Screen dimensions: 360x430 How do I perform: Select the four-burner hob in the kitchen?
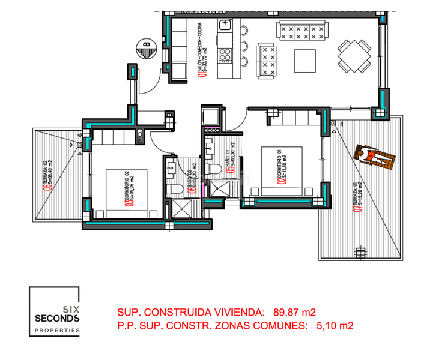tap(225, 55)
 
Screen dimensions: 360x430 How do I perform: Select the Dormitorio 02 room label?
tap(129, 188)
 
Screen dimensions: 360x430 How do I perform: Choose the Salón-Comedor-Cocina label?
tap(202, 51)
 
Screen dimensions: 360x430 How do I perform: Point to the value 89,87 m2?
tap(295, 312)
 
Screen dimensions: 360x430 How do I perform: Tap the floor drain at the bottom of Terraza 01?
tap(360, 250)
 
